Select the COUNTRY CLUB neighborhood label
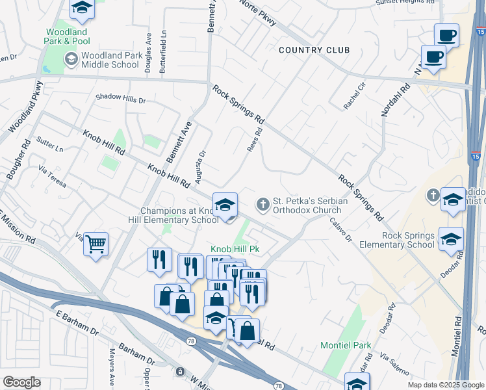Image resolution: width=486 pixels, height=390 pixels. (314, 50)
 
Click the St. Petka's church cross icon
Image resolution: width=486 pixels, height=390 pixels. (263, 205)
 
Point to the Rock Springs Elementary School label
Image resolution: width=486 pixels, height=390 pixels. (399, 240)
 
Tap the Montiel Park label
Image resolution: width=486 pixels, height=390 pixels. (346, 345)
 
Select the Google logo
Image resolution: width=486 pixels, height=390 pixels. (21, 382)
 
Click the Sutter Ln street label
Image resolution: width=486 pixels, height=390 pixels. (50, 144)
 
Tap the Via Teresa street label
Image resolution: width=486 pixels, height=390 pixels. (53, 176)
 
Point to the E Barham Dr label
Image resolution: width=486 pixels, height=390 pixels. (77, 323)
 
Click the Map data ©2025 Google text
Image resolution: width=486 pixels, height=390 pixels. (445, 384)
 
